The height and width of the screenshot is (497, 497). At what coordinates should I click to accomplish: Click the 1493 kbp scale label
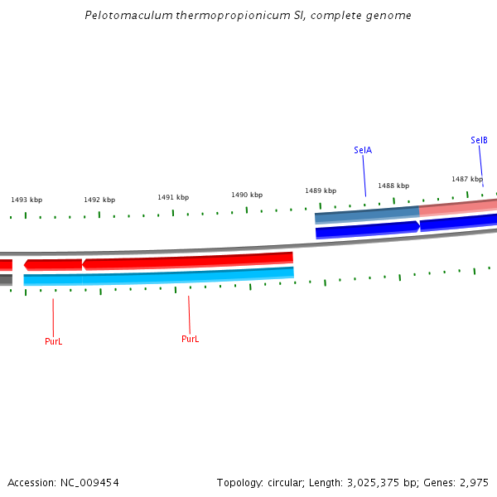point(27,200)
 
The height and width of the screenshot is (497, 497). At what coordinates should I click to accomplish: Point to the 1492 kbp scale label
point(99,200)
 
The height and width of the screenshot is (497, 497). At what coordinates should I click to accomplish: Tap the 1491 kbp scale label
point(173,197)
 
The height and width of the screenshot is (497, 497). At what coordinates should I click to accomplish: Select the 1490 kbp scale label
point(247,195)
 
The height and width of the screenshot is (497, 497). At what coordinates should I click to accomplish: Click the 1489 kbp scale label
point(321,191)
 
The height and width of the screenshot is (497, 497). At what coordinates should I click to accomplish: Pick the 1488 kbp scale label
point(393,186)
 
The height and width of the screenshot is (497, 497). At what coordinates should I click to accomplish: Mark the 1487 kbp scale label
point(467,179)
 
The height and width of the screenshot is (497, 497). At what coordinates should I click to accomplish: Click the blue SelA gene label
point(363,150)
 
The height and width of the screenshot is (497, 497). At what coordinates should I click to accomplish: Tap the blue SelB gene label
point(479,140)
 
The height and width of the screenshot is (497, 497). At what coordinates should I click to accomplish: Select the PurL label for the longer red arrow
point(191,339)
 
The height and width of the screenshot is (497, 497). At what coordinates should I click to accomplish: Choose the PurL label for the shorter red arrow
point(53,341)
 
